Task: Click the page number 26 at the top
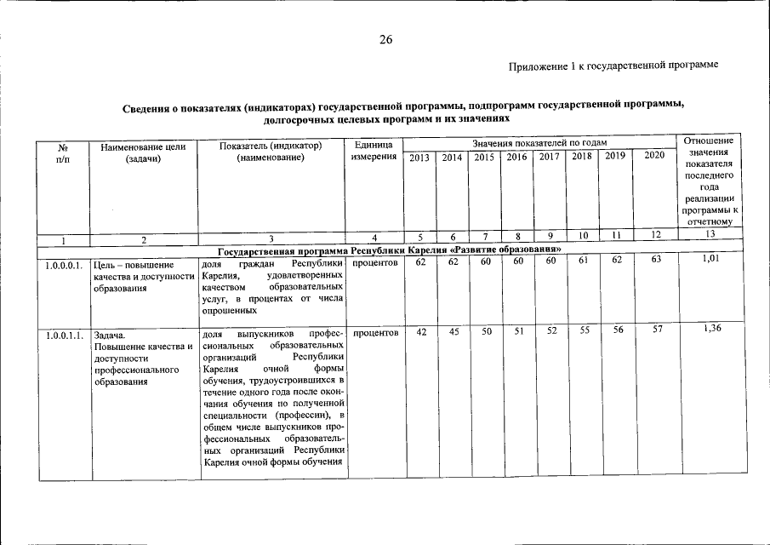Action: click(385, 40)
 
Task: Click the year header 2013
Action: click(419, 158)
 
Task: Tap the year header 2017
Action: click(550, 158)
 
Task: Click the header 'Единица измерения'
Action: click(373, 152)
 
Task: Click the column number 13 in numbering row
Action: click(710, 234)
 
